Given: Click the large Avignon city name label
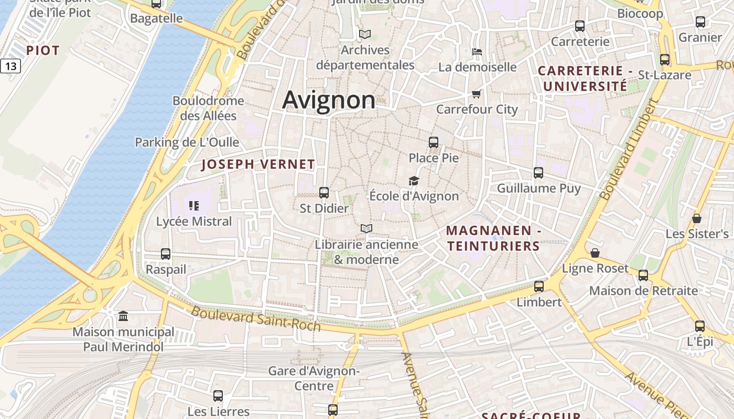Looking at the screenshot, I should (x=329, y=100).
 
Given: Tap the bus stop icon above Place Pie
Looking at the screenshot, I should (x=434, y=142).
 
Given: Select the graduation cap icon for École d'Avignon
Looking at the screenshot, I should (x=414, y=181).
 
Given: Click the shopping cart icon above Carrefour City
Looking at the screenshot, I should (x=476, y=94).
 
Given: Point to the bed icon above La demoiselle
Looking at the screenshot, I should (x=477, y=51).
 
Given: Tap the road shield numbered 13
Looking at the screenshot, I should (x=10, y=66).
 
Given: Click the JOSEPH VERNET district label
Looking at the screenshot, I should (x=258, y=164).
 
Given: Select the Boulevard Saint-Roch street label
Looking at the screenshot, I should (x=255, y=318).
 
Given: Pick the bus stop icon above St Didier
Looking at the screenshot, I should (x=324, y=192).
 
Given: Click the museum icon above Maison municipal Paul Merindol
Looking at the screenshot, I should (x=123, y=316).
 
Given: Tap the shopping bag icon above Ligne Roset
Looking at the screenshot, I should (x=595, y=253).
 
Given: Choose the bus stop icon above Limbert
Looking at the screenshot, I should (x=539, y=286).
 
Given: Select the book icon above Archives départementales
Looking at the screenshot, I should (x=365, y=34).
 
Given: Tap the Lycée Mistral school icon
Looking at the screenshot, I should (x=194, y=205).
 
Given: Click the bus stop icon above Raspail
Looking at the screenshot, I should (x=166, y=253).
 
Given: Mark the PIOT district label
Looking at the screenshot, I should (x=43, y=50).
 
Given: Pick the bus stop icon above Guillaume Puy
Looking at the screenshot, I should (x=538, y=172).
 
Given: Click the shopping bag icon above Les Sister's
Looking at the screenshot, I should (x=697, y=218).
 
